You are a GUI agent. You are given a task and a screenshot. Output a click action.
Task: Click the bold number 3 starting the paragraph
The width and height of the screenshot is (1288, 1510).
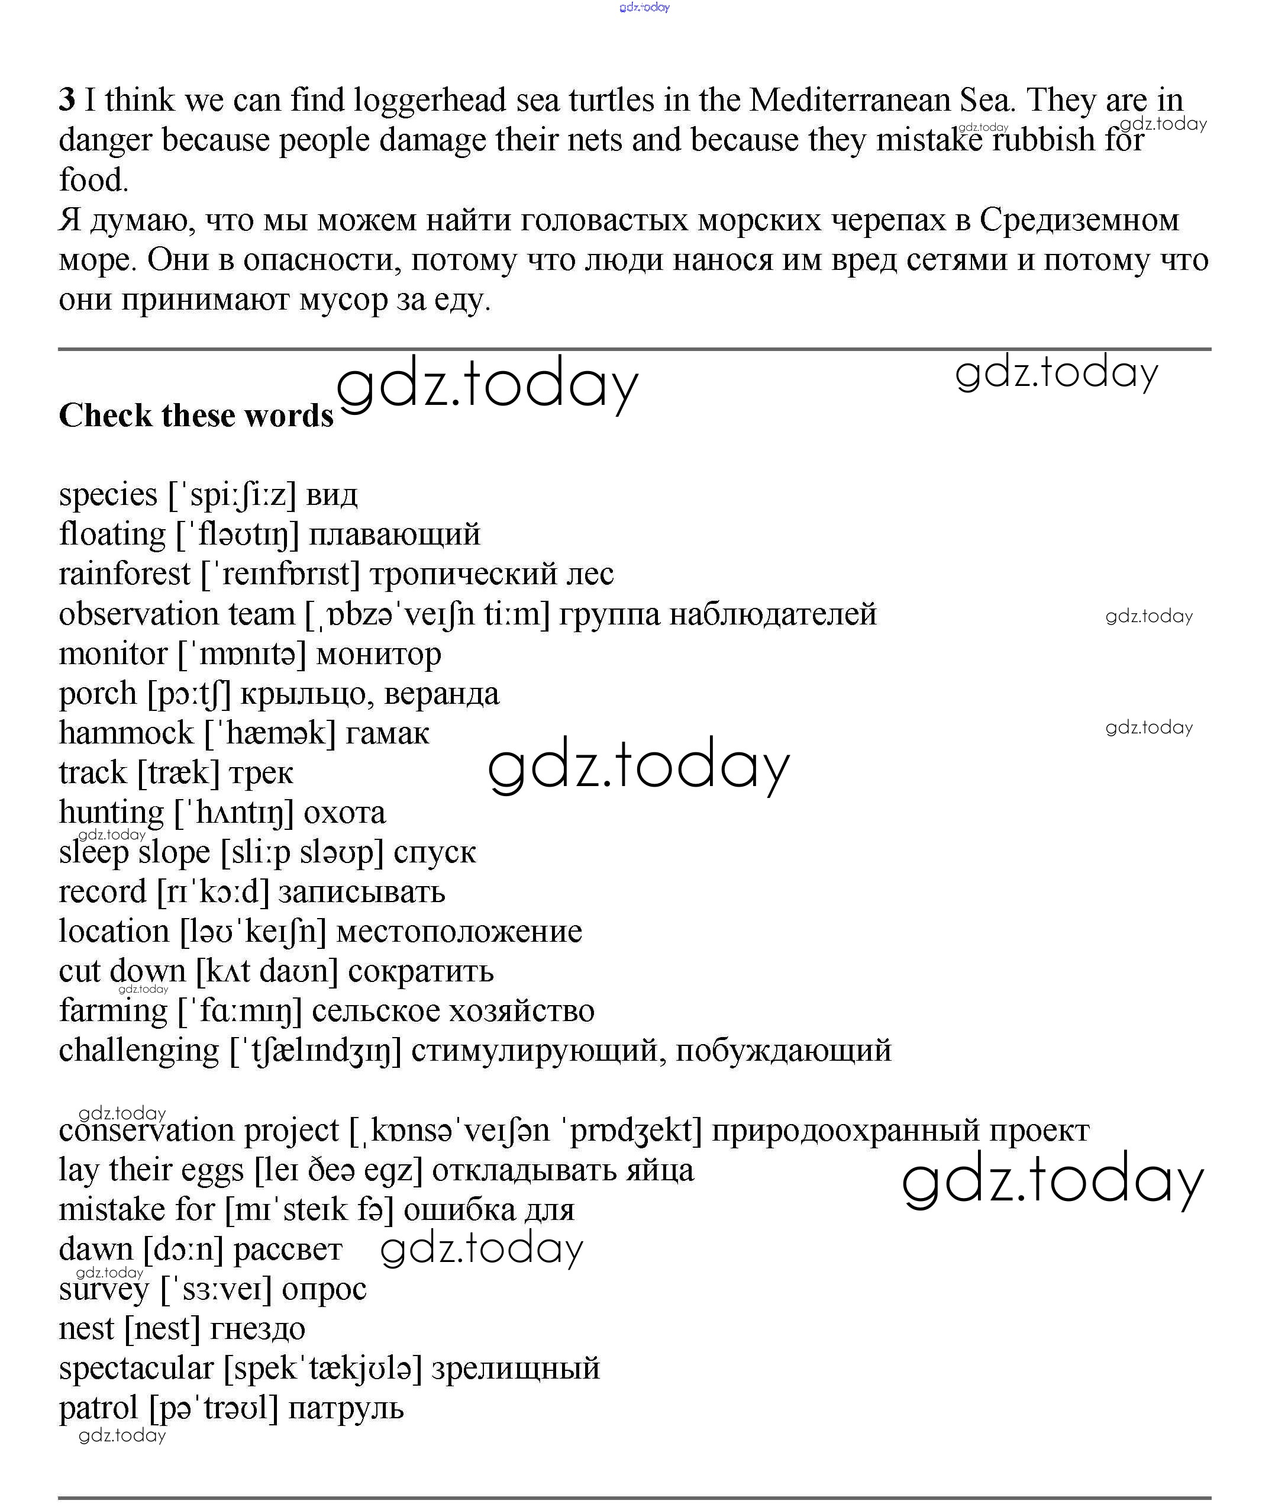point(66,100)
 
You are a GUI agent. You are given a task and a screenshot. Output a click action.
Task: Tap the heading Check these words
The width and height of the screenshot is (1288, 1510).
point(196,416)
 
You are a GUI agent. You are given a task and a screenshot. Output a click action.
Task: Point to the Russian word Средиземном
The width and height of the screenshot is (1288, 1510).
point(1078,220)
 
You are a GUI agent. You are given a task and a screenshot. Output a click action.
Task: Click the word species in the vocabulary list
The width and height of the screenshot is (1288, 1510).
point(108,495)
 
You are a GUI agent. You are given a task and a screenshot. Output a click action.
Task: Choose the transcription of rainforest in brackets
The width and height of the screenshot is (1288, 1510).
point(280,574)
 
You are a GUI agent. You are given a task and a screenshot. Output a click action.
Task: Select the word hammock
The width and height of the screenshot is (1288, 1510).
point(126,733)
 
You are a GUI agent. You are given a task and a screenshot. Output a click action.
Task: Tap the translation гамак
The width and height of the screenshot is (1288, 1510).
point(387,733)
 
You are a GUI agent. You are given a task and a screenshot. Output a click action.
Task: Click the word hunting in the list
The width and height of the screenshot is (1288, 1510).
point(111,813)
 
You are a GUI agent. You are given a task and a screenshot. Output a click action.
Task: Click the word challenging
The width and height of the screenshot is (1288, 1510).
point(138,1051)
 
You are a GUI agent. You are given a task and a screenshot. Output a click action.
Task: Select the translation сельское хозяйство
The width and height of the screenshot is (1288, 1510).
point(453,1011)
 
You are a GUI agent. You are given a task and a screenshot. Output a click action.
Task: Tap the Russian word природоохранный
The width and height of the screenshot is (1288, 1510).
point(845,1131)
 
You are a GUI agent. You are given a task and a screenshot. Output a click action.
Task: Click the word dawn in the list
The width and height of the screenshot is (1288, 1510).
point(95,1249)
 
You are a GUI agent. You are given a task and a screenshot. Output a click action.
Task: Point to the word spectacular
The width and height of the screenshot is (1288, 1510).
point(136,1368)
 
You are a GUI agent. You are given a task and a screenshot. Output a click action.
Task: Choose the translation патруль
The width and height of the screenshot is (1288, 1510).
point(346,1408)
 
